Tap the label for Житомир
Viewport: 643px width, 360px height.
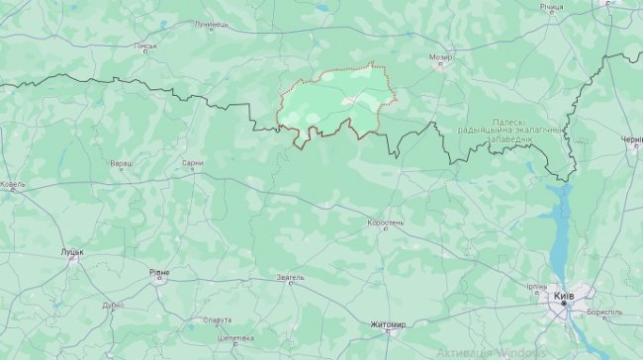point(388,324)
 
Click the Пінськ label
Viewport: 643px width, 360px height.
point(145,45)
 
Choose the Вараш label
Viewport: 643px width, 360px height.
point(121,162)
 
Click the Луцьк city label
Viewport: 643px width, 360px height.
point(72,252)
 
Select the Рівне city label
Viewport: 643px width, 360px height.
point(159,272)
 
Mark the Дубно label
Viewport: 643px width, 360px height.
point(113,306)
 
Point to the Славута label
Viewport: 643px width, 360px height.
point(217,319)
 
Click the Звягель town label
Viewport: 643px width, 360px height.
point(290,278)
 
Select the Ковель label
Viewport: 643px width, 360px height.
point(13,184)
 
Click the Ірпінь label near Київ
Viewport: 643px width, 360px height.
point(535,287)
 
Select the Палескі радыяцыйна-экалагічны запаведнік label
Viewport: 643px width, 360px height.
point(509,131)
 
